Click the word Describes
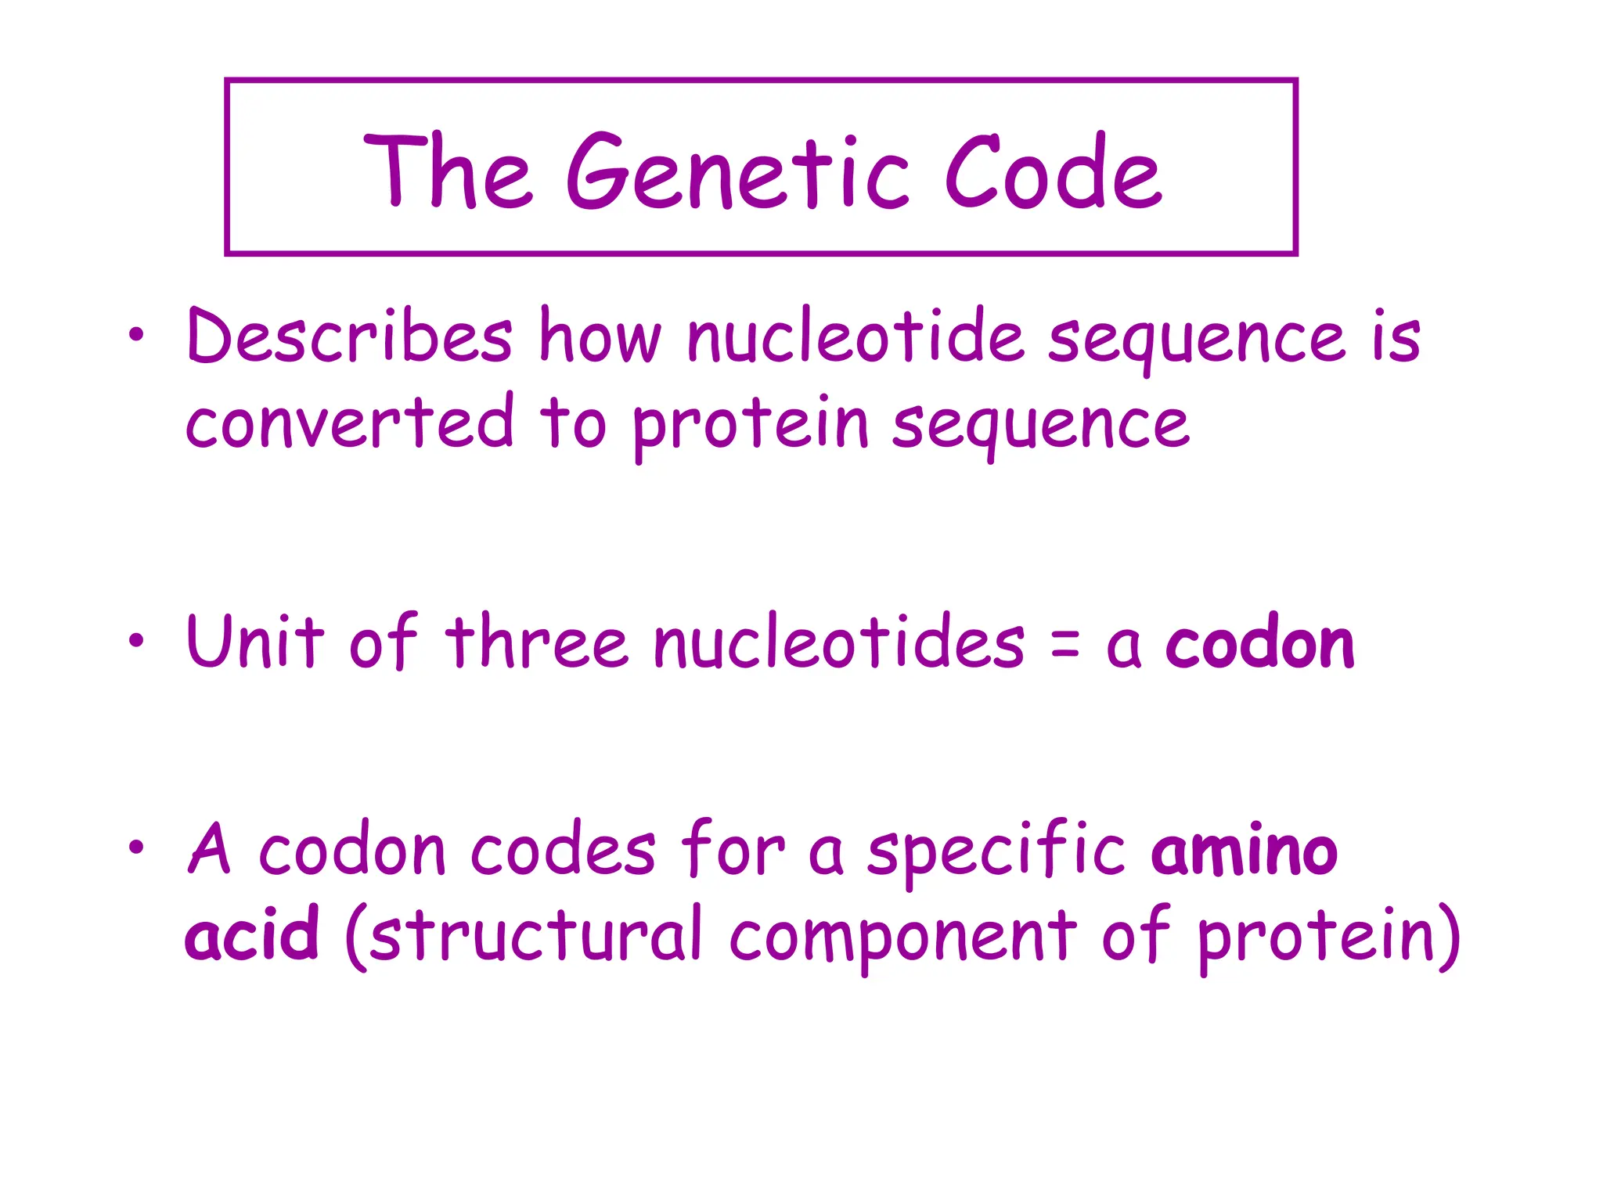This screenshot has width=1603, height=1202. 350,336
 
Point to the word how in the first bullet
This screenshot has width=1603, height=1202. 600,336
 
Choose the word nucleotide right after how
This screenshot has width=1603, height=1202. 856,336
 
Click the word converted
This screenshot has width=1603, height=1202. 350,423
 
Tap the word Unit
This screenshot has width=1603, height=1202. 255,642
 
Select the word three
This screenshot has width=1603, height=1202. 537,642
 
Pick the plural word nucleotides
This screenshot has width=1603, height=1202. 838,642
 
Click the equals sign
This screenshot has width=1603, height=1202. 1065,646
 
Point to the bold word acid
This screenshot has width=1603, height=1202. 252,935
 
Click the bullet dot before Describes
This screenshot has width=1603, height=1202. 137,335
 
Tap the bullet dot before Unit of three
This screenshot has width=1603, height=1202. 137,641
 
